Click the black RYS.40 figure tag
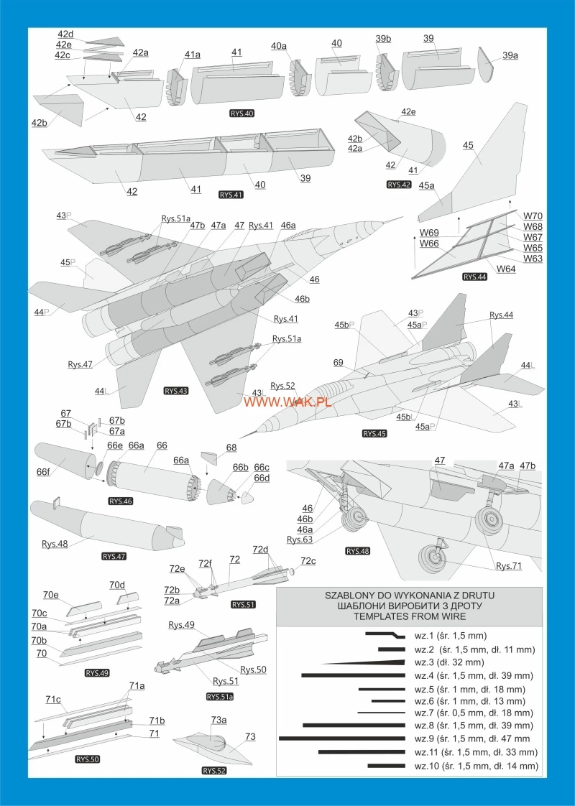[239, 114]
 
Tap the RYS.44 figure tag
[475, 276]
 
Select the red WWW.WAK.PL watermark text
[287, 402]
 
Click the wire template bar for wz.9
[344, 738]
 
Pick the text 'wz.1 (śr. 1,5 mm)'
[451, 635]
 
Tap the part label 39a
[511, 55]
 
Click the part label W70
[533, 216]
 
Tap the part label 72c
[308, 560]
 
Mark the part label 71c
[52, 699]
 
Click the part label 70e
[50, 595]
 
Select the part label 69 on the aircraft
[339, 362]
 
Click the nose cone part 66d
[247, 497]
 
